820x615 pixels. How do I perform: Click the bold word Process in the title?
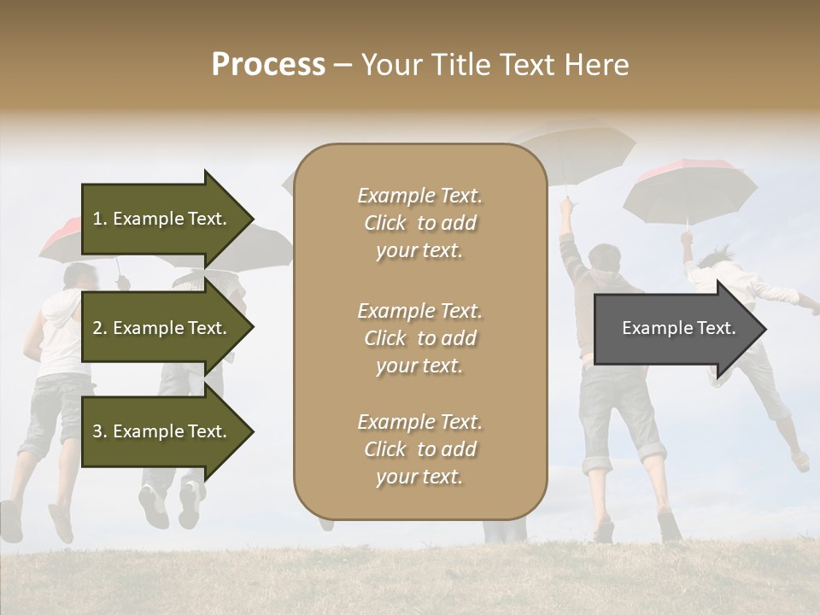(x=268, y=65)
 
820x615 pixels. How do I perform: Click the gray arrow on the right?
(x=675, y=329)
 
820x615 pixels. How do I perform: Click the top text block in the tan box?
(x=419, y=223)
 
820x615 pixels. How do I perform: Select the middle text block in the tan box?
(x=419, y=338)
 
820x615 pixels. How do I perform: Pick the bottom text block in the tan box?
(x=419, y=449)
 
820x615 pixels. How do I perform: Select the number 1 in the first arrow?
(x=97, y=220)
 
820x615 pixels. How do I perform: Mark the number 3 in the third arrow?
(x=97, y=432)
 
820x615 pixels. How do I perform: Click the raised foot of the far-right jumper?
(x=800, y=462)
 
